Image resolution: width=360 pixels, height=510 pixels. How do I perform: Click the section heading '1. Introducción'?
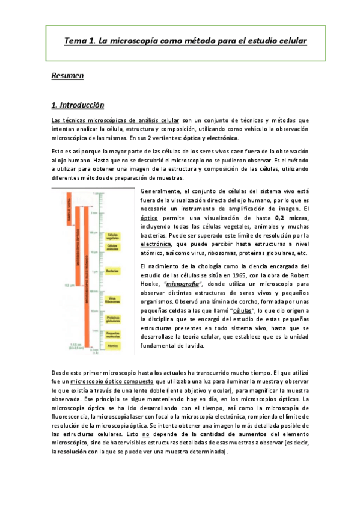78,105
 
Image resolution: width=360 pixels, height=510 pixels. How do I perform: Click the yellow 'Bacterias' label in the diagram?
112,272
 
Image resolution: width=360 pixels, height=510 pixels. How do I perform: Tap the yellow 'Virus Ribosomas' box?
112,299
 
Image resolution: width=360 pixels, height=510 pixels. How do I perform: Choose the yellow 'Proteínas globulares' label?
112,319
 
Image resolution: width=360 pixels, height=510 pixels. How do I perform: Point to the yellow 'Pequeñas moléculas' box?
112,335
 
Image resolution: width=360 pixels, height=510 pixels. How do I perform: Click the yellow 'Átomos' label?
112,347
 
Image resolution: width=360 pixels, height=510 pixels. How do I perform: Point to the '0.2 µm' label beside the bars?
57,287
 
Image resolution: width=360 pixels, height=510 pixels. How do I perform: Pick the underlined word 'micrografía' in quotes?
198,283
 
